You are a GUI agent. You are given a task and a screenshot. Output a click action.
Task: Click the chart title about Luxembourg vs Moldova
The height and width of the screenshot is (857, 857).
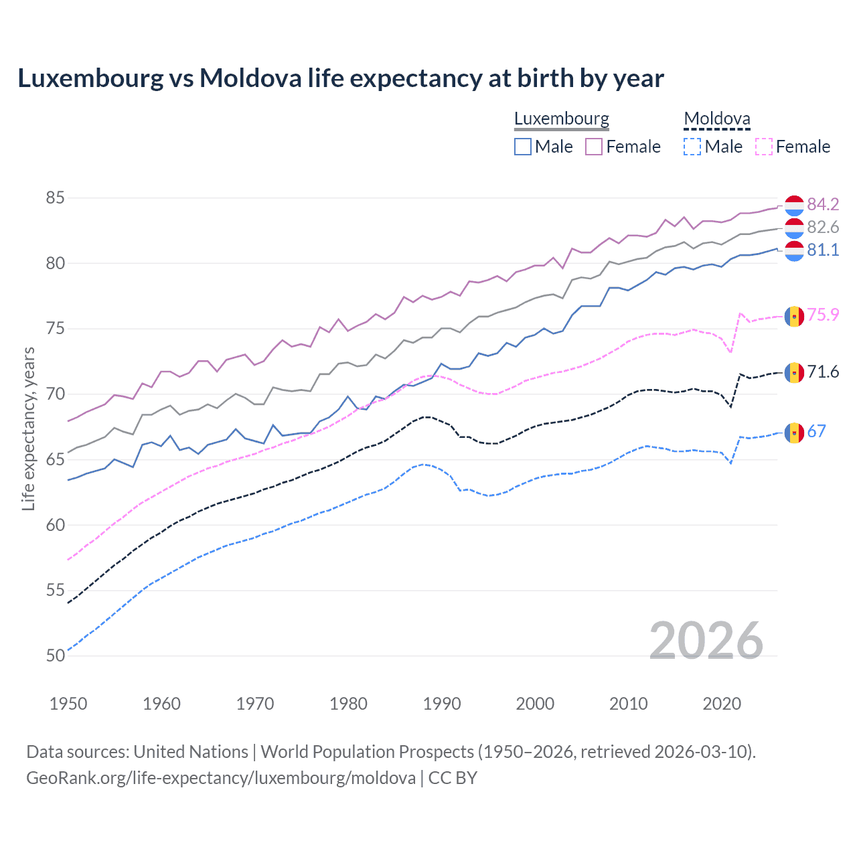(341, 78)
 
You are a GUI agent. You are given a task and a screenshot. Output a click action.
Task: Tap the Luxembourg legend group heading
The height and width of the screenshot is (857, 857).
(562, 119)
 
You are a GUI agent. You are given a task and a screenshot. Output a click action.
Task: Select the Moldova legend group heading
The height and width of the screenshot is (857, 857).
(717, 119)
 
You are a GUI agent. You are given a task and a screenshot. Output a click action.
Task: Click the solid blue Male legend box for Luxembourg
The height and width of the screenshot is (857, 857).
(523, 147)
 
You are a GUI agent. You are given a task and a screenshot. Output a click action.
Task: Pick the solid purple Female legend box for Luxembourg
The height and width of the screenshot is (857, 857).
(594, 147)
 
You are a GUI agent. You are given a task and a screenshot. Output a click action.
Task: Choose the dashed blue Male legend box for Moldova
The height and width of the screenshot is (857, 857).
(692, 147)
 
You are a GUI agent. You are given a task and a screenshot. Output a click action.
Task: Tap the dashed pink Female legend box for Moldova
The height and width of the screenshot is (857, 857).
(763, 147)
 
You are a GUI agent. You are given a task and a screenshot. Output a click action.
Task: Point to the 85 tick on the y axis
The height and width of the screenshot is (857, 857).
(56, 198)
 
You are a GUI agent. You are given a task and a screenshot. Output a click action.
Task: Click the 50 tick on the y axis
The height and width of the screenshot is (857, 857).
(56, 655)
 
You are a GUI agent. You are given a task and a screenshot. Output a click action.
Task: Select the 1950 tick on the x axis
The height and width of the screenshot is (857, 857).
(68, 704)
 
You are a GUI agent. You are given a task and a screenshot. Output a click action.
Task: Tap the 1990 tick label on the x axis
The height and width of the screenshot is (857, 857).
(442, 704)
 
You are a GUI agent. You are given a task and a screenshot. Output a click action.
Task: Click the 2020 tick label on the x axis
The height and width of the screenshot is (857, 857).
(722, 704)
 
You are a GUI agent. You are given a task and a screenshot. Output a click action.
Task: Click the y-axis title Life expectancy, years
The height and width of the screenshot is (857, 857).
(28, 428)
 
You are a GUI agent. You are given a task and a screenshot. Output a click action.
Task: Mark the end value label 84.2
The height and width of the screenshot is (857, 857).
(823, 204)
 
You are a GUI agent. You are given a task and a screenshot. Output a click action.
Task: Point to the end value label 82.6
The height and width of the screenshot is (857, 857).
(823, 228)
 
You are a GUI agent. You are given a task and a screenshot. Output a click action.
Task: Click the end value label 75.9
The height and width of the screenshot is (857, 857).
(823, 315)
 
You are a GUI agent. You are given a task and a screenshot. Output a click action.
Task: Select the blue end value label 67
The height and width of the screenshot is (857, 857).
(817, 432)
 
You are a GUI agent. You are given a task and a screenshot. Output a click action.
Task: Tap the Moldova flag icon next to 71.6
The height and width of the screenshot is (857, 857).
(794, 372)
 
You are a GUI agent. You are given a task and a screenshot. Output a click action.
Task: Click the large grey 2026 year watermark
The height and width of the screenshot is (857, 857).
(706, 641)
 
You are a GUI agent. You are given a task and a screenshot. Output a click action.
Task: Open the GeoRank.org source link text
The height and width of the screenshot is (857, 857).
(221, 778)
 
